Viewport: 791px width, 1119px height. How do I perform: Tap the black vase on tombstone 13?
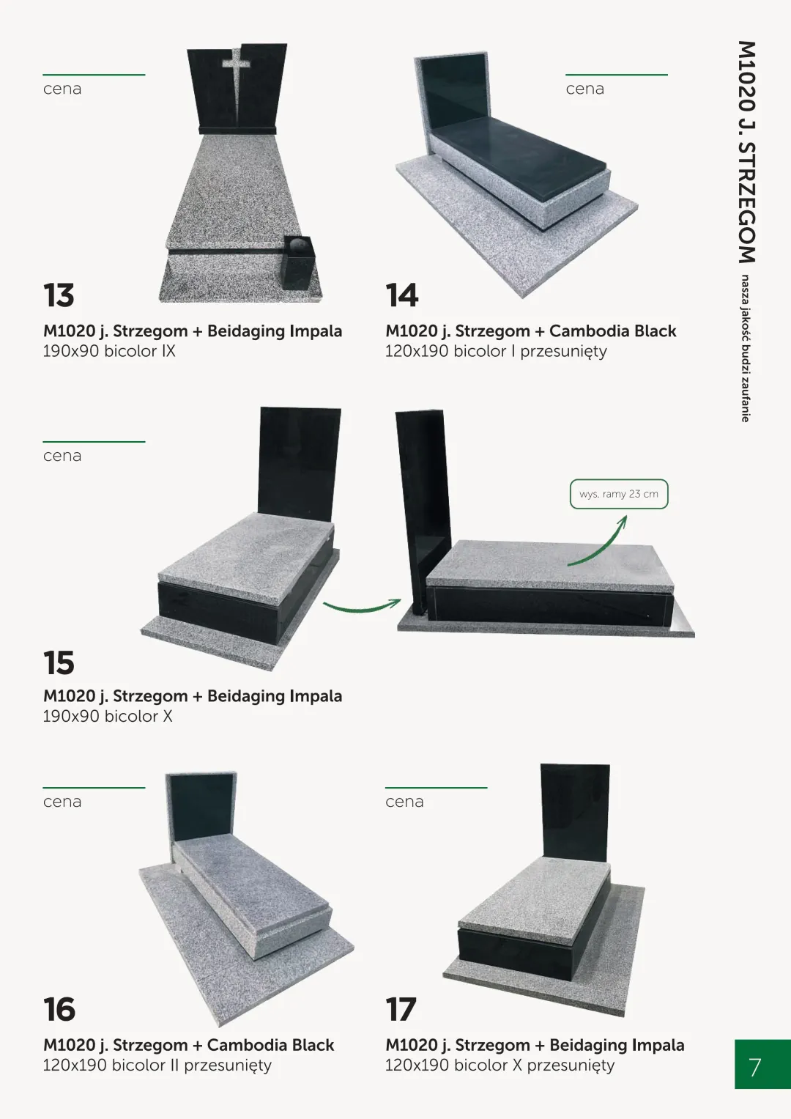pos(298,263)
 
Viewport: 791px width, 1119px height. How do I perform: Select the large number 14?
pos(402,295)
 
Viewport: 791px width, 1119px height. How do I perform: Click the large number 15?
pos(59,663)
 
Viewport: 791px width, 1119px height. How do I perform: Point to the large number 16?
pos(59,1009)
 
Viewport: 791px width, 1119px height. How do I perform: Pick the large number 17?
pos(401,1009)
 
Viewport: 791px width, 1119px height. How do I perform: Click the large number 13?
pos(59,295)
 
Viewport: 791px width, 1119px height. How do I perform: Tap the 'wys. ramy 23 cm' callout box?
pos(619,494)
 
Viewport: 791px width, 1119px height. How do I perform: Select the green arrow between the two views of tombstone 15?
pos(361,608)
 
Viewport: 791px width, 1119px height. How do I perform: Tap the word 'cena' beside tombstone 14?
pos(584,89)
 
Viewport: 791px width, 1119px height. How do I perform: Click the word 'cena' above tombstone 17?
pos(404,802)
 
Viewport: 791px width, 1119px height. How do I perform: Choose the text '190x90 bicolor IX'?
pos(109,351)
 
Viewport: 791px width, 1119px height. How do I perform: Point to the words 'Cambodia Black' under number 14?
pos(613,330)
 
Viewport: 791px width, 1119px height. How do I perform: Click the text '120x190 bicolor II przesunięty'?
pos(157,1065)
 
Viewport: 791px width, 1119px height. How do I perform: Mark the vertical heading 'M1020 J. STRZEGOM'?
pos(746,152)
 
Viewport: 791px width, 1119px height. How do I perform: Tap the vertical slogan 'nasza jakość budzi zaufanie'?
pos(746,348)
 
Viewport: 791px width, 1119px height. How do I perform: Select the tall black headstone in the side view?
pos(423,509)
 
